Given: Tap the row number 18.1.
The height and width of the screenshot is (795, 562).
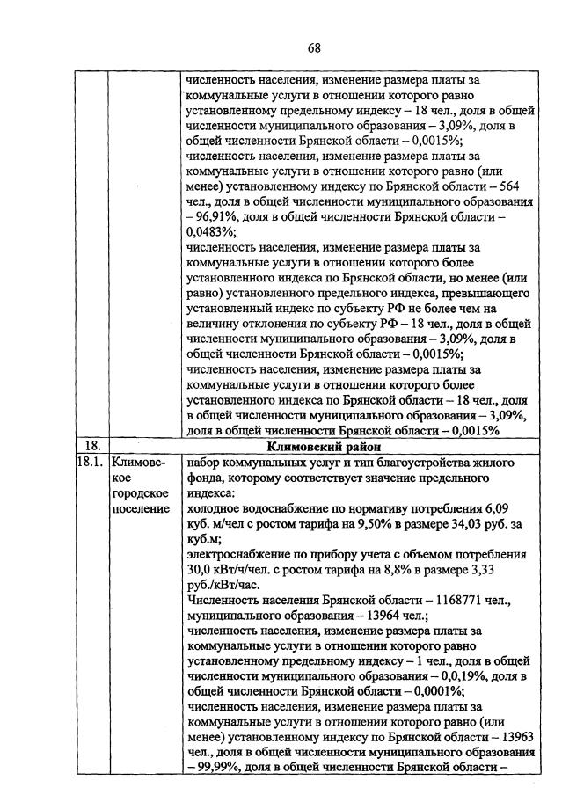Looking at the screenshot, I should coord(89,461).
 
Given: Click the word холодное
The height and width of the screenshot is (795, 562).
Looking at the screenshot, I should coord(215,508).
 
